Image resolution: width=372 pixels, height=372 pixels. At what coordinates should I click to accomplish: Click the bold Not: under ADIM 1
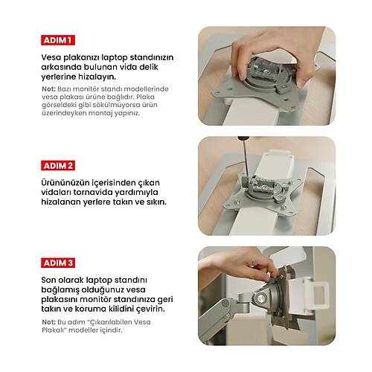(49, 89)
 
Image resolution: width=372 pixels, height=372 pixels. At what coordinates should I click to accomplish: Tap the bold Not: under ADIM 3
(49, 321)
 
